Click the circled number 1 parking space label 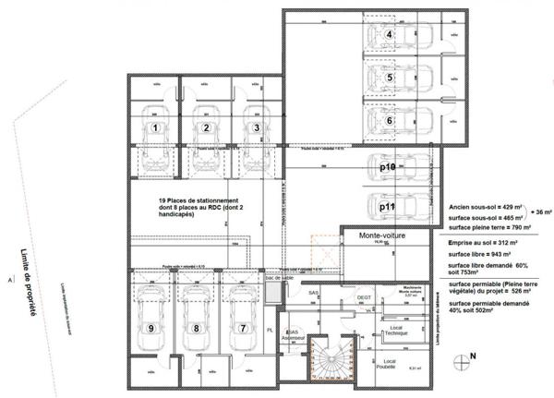(156, 127)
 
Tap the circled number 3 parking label (258, 127)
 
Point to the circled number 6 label (391, 120)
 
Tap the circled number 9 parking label (149, 327)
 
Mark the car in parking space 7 (242, 314)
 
